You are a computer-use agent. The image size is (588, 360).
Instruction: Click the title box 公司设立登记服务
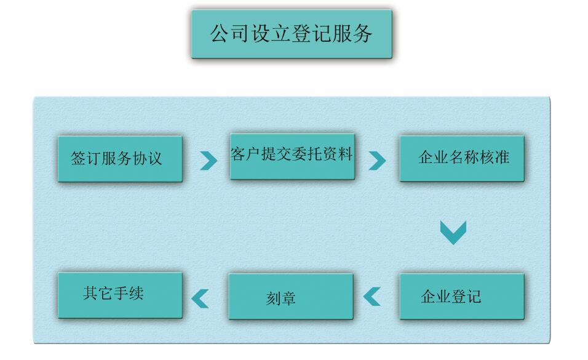[292, 34]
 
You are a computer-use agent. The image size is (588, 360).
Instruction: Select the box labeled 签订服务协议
[120, 159]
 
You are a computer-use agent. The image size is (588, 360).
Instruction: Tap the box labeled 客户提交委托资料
[292, 156]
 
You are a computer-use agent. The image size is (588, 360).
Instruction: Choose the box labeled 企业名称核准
[462, 158]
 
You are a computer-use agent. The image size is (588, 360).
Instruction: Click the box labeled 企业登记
[462, 296]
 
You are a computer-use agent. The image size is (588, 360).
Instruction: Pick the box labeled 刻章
[291, 296]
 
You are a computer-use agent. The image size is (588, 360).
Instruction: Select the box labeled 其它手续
[120, 295]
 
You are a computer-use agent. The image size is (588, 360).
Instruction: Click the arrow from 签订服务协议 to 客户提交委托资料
[209, 161]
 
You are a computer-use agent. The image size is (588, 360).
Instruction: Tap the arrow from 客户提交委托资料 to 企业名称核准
[377, 161]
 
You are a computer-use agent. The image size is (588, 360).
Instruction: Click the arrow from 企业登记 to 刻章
[372, 297]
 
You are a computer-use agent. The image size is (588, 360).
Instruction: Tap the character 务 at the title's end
[364, 34]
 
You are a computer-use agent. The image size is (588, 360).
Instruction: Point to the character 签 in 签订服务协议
[79, 158]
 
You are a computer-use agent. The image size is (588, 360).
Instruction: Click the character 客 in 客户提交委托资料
[239, 154]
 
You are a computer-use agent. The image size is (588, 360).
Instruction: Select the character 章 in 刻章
[288, 298]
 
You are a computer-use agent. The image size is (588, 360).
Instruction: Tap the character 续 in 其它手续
[136, 293]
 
